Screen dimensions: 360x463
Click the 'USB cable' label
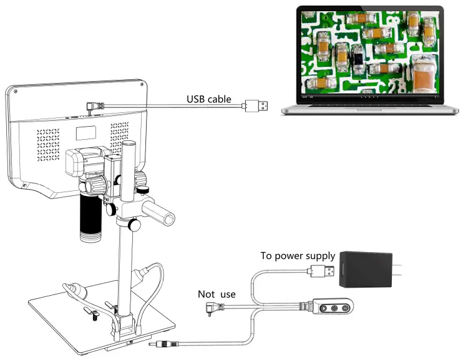(x=209, y=99)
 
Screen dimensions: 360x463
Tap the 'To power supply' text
(x=298, y=256)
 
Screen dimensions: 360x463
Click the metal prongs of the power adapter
(x=400, y=269)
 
